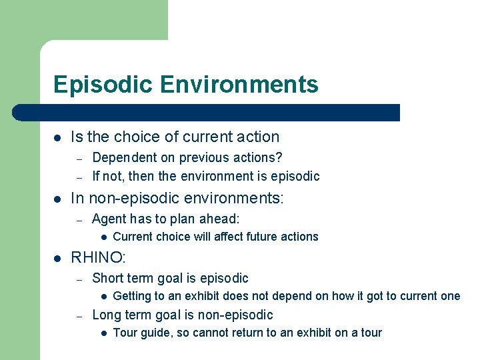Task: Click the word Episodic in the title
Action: (97, 85)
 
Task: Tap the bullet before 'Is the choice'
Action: (57, 137)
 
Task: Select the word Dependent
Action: (121, 157)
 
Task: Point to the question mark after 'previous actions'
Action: (279, 157)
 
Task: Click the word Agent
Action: (108, 219)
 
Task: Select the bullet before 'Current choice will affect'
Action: (105, 237)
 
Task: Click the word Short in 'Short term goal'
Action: (107, 278)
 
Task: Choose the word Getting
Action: (133, 296)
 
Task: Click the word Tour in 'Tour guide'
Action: (125, 333)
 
